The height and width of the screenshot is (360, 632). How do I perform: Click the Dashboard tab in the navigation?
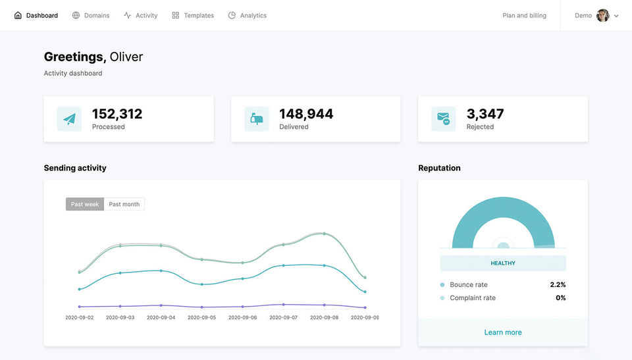tap(36, 15)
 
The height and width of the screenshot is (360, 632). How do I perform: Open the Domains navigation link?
tap(91, 15)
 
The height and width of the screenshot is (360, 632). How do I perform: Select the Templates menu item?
tap(193, 15)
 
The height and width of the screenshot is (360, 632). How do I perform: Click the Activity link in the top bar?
tap(141, 15)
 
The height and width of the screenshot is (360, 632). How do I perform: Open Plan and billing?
tap(524, 15)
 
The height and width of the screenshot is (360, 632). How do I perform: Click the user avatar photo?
tap(602, 15)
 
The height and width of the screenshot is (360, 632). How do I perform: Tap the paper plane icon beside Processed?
tap(69, 119)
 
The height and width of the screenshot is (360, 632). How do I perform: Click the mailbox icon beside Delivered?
tap(257, 119)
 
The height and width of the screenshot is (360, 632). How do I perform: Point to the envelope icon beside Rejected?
tap(444, 119)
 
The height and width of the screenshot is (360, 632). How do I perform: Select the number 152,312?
tap(117, 114)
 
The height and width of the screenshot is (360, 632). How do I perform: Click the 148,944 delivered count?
tap(306, 114)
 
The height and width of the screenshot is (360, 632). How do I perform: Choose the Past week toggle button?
tap(85, 204)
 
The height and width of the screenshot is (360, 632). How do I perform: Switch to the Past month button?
tap(124, 204)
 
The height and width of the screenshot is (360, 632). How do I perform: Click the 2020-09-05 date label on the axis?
tap(201, 317)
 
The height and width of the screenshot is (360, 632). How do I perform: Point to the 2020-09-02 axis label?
tap(80, 317)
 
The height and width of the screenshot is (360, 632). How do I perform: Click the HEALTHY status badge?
tap(503, 263)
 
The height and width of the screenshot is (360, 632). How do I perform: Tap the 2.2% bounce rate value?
tap(558, 285)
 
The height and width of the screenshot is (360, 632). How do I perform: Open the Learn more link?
tap(503, 332)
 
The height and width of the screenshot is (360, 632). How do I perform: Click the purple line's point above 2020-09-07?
tap(284, 305)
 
